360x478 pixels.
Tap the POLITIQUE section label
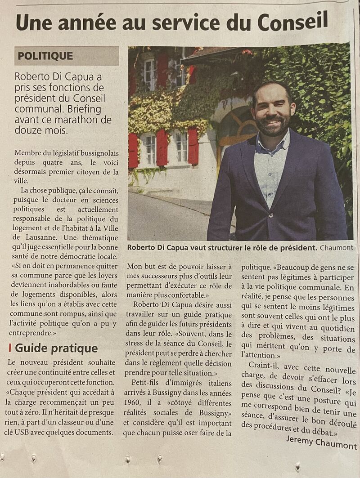[x=45, y=56]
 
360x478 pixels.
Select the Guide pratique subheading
[x=56, y=348]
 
